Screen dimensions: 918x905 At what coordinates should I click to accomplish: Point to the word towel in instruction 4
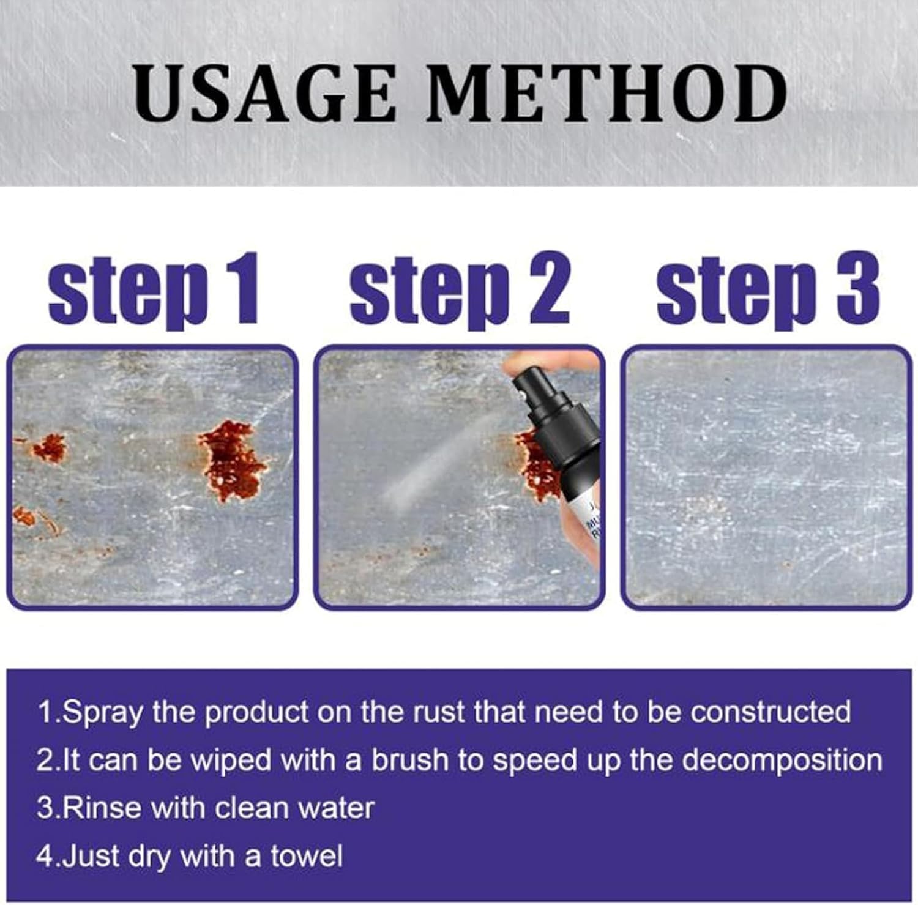[307, 855]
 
